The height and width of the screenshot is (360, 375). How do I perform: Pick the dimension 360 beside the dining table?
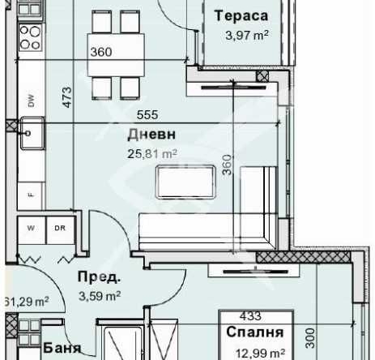(x=101, y=53)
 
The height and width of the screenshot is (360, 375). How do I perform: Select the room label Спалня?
(x=255, y=332)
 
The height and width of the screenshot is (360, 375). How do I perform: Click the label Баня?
(x=62, y=349)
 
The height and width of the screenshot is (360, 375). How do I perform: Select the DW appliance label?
(x=31, y=101)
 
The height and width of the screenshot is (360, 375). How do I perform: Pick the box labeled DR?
(x=59, y=228)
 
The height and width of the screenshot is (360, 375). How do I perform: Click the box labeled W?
(x=32, y=228)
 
